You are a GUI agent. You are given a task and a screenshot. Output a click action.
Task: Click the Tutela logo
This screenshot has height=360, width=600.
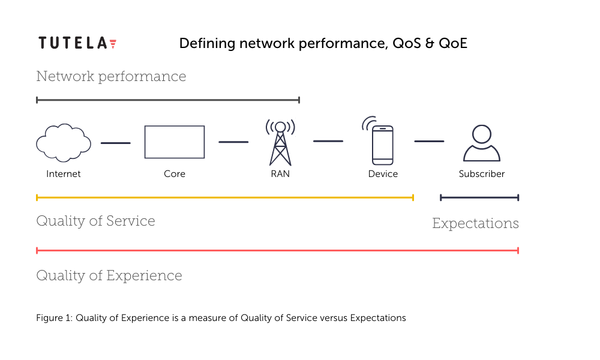point(77,43)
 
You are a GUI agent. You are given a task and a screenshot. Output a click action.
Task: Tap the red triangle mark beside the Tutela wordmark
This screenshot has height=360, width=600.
point(113,44)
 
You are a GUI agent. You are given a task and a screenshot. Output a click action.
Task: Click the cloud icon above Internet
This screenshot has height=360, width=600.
point(64,143)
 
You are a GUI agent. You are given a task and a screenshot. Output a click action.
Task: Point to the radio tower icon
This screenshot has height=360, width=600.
point(280,142)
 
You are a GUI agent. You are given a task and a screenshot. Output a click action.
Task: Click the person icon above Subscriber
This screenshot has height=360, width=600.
point(482,143)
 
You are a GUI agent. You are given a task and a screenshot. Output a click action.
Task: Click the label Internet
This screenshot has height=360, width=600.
point(64,174)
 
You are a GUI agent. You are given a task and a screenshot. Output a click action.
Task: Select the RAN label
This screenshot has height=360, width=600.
point(280,174)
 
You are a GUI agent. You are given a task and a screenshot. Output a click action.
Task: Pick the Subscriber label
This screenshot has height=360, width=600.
point(482,174)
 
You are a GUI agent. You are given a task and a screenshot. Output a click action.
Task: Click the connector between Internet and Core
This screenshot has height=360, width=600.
point(116,143)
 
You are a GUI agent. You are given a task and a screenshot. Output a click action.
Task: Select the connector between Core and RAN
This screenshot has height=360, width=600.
point(233,142)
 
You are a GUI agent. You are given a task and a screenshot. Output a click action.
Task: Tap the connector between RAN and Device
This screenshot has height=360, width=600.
point(328,141)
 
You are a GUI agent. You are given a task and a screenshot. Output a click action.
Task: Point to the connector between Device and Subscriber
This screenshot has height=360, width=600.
point(429,141)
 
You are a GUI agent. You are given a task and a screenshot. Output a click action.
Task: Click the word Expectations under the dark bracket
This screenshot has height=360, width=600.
point(476,223)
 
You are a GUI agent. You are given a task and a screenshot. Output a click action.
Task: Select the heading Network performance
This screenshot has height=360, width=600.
point(111,77)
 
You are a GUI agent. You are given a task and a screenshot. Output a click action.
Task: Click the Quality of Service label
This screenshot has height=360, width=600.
point(95,221)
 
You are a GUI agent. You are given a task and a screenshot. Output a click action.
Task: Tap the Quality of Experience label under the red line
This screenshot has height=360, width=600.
point(109,276)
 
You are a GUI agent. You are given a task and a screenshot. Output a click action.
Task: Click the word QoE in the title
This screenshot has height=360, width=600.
point(453,43)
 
